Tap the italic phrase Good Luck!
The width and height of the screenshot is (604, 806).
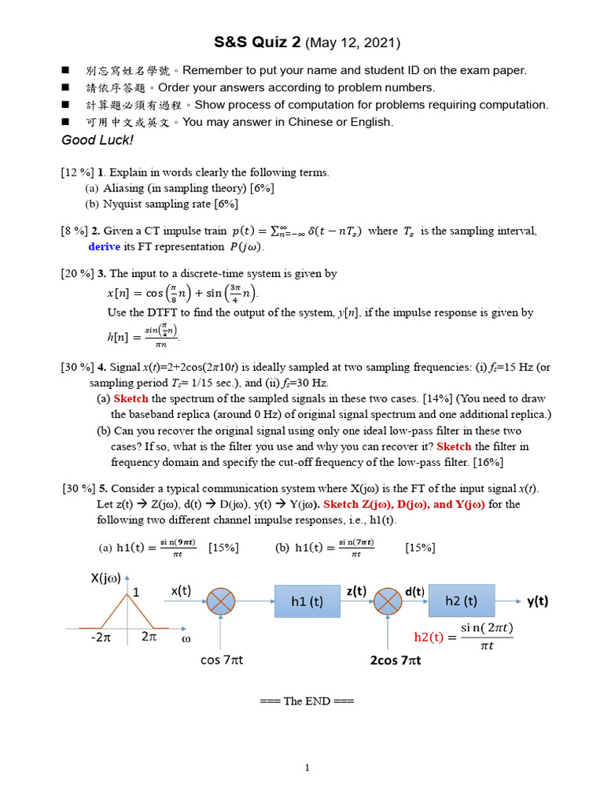tap(98, 140)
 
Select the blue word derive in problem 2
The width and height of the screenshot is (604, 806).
tap(104, 246)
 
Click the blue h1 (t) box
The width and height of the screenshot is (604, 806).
tap(307, 601)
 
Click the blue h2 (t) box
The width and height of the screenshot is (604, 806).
tap(461, 601)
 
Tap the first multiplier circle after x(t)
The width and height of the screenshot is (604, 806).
tap(221, 602)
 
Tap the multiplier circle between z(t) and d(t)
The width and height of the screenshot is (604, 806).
tap(388, 602)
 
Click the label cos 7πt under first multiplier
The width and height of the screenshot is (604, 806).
tap(221, 660)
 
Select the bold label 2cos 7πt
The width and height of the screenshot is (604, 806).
tap(396, 660)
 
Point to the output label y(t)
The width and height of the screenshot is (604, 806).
tap(537, 601)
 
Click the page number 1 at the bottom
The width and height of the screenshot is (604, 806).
tap(307, 767)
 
